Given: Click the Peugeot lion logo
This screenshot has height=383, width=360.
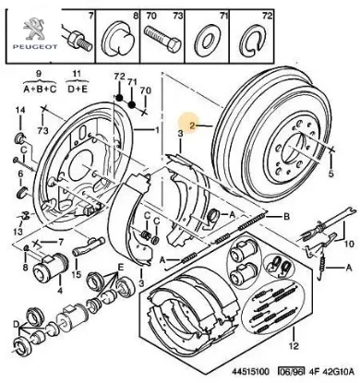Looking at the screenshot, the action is click(x=35, y=29).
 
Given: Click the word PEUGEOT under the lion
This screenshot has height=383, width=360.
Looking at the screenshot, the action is click(x=35, y=47).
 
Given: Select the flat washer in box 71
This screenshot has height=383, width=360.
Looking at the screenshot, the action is click(x=207, y=39).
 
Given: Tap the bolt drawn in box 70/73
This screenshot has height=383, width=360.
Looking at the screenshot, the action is click(x=162, y=38).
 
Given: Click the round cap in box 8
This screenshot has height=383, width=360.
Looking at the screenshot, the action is click(x=118, y=39).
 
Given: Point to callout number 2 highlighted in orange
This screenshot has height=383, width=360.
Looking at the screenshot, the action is click(x=192, y=126).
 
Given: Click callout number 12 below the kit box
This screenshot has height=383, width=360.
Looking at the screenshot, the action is click(x=294, y=346).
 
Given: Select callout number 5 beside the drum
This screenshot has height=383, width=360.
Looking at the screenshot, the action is click(x=330, y=174).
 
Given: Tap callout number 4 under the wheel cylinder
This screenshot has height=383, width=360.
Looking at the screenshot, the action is click(x=59, y=290).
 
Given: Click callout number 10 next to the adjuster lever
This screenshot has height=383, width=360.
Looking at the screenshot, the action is click(x=349, y=244).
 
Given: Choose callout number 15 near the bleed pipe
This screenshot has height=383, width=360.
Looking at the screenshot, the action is click(x=77, y=273).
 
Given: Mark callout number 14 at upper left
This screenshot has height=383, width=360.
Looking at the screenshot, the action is click(x=20, y=110).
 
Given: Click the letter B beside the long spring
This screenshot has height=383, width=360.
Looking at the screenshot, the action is click(x=286, y=217).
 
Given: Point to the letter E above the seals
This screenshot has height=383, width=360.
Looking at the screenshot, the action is click(x=121, y=267).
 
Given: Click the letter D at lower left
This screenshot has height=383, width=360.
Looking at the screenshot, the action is click(x=16, y=324).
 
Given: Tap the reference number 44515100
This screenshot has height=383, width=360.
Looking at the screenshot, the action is click(x=246, y=371).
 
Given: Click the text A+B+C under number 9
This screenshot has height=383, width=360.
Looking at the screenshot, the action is click(x=40, y=90).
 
